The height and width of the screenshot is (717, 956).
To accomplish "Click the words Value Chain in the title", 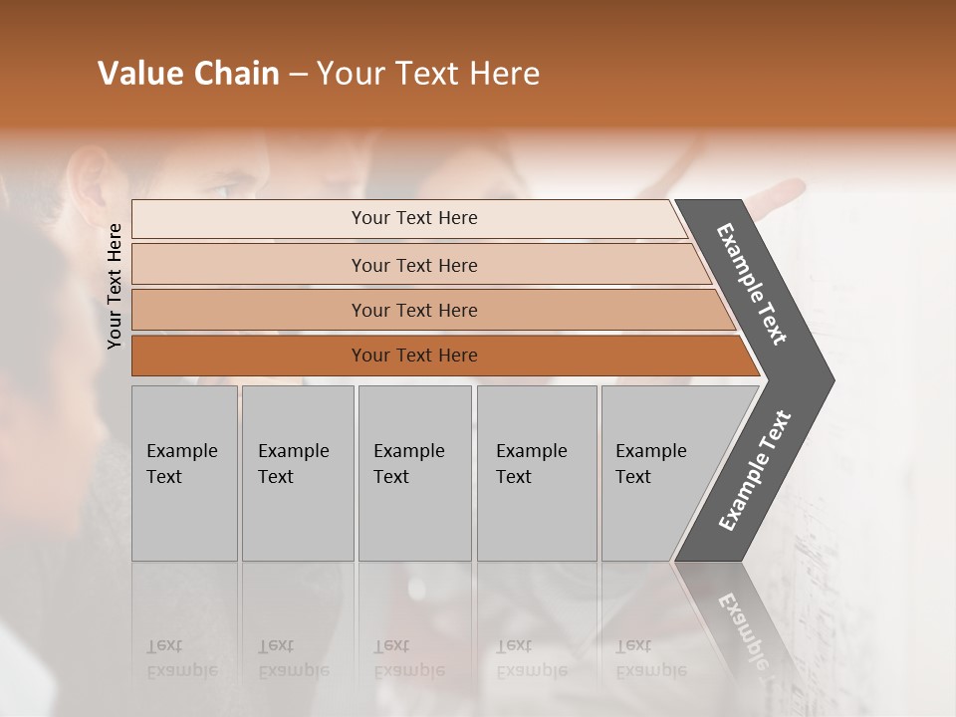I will [x=188, y=74].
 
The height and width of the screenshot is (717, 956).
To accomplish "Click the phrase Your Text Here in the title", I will [x=428, y=74].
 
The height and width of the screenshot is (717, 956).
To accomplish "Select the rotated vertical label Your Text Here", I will [x=115, y=286].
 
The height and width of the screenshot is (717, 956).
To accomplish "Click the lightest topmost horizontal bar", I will [x=413, y=218].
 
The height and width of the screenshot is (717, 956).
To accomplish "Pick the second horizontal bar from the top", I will [x=413, y=265].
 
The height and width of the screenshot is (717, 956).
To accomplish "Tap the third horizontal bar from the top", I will [x=413, y=310].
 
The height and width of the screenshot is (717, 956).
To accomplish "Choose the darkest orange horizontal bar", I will [x=413, y=356].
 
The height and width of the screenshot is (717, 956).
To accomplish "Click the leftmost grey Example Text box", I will [x=184, y=473].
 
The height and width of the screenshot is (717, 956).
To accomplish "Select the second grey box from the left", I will [x=297, y=473].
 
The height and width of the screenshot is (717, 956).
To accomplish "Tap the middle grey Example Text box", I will [x=414, y=473].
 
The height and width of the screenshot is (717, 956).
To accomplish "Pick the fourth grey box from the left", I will [x=537, y=473].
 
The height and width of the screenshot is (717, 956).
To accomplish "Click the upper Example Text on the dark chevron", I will [x=752, y=284].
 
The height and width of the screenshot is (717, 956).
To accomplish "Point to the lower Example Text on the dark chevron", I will [x=754, y=471].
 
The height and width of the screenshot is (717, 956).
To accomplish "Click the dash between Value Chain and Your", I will [x=298, y=75].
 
